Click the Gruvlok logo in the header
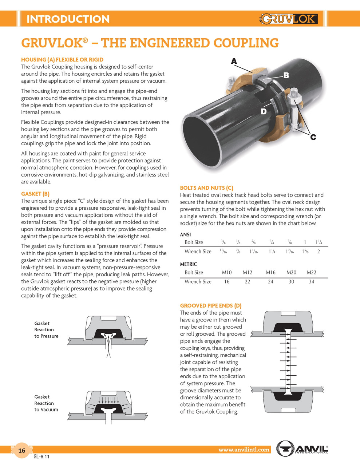click(x=289, y=19)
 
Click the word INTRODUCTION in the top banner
click(x=68, y=19)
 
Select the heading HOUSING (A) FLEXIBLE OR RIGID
click(x=62, y=60)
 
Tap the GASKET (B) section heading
click(x=35, y=194)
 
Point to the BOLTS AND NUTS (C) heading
click(x=206, y=188)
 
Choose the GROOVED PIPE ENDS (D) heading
click(x=211, y=306)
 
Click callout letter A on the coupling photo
click(x=234, y=61)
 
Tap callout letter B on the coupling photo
click(x=286, y=75)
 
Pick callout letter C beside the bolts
click(x=313, y=137)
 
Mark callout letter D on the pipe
click(x=264, y=111)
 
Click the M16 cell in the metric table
click(x=270, y=272)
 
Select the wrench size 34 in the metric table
click(x=311, y=281)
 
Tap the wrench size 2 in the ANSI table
click(x=319, y=252)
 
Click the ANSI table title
click(x=185, y=234)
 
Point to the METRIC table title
click(x=189, y=264)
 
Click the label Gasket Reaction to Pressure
click(x=46, y=329)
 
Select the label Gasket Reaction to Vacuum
click(x=46, y=403)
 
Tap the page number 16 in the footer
click(x=22, y=451)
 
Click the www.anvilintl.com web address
click(x=244, y=450)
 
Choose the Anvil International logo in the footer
click(x=302, y=448)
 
